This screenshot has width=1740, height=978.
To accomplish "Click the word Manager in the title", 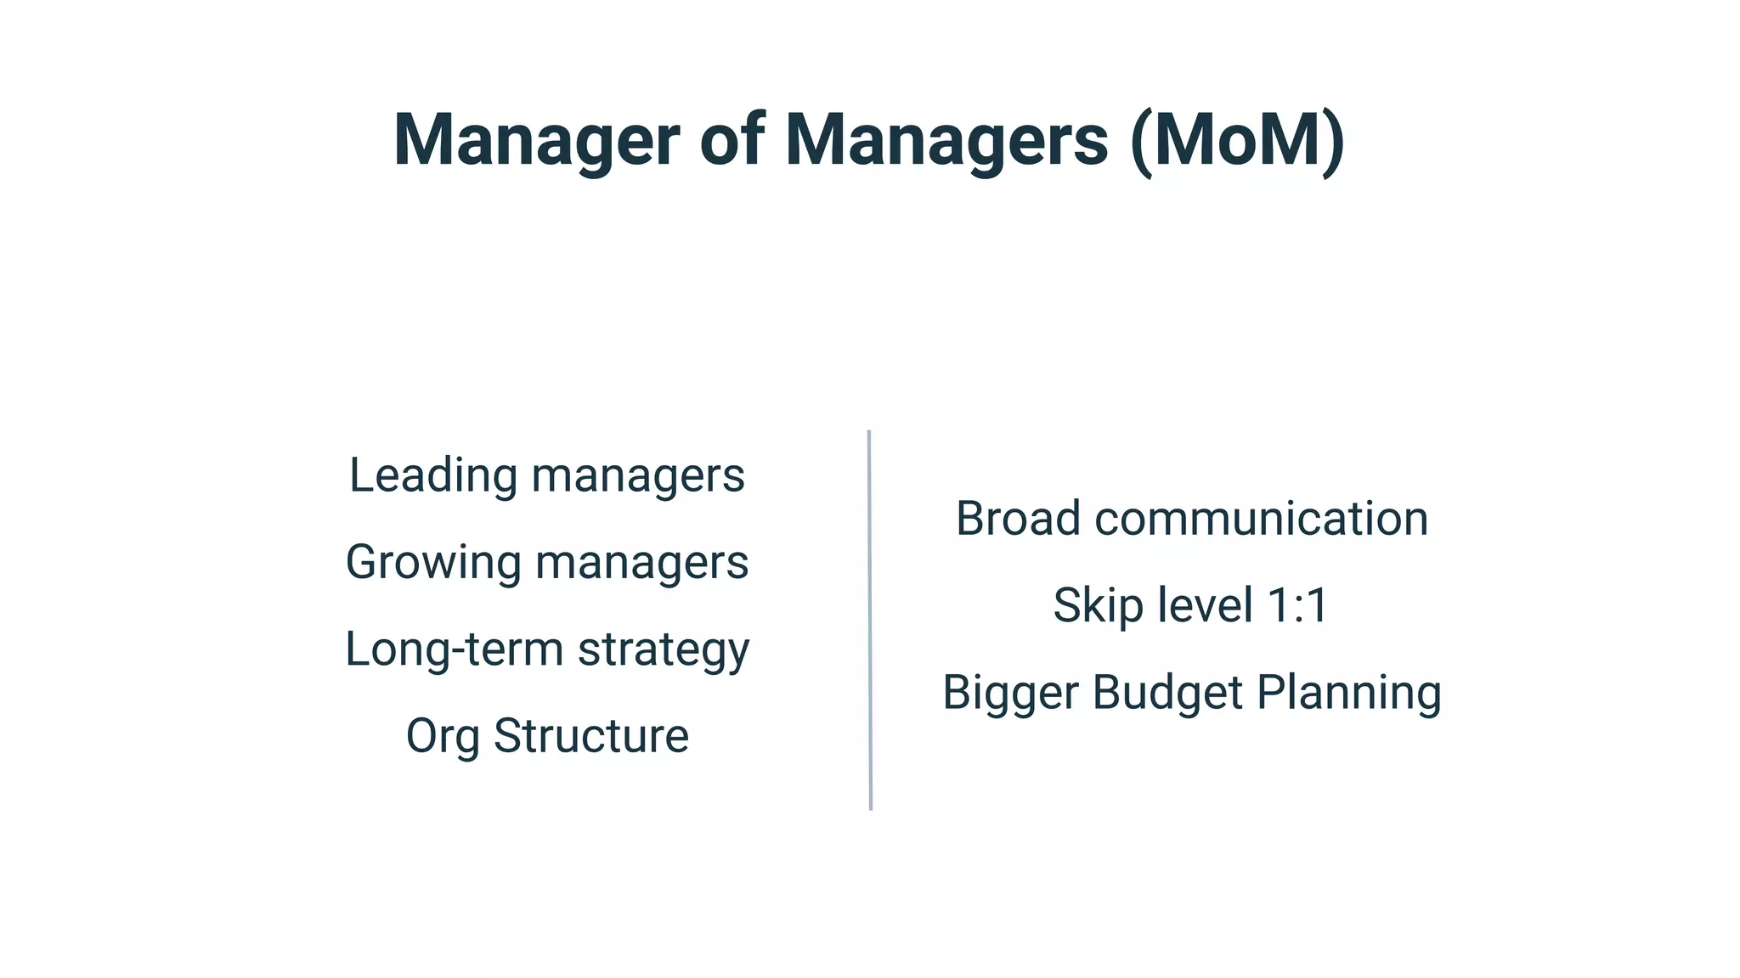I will tap(536, 140).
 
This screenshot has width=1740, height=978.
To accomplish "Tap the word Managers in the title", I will tap(946, 140).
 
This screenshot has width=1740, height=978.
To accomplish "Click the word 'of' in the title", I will tap(732, 140).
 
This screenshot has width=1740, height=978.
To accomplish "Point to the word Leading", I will tap(432, 476).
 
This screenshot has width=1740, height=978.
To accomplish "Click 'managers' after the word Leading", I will tap(638, 476).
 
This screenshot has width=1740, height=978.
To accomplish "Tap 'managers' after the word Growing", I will tap(641, 563).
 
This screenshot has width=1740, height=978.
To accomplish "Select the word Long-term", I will tap(454, 649).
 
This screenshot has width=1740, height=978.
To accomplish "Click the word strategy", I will tap(664, 651).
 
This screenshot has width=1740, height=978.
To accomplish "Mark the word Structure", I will tap(590, 735).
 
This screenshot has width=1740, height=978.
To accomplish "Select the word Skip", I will tap(1090, 606).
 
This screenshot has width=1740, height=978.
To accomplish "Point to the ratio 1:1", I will tap(1297, 606).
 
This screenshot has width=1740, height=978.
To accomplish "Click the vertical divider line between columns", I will tap(870, 620).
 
